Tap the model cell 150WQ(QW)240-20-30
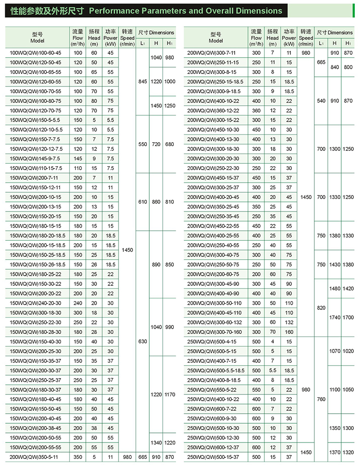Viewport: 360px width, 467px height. [x=36, y=303]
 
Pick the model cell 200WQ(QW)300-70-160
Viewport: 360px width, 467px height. [x=214, y=332]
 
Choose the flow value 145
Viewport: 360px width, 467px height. [x=78, y=159]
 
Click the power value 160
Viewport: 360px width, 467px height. [x=289, y=332]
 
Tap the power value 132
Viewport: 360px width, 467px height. [x=289, y=322]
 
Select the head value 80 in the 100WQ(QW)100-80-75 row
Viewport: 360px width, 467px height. [x=94, y=101]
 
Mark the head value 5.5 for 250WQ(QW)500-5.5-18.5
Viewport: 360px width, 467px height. [x=273, y=370]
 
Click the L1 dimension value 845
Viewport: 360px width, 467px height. [x=143, y=82]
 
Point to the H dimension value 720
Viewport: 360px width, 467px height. [x=156, y=144]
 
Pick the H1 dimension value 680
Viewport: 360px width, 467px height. [x=170, y=144]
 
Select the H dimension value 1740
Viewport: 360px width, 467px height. [x=335, y=317]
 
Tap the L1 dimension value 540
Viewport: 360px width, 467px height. [x=321, y=101]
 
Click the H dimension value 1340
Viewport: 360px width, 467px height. [x=156, y=442]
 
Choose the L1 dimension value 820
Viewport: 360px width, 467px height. [x=321, y=307]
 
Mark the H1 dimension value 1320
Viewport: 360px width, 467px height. [x=348, y=452]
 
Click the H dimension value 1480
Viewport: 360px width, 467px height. [x=335, y=288]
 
